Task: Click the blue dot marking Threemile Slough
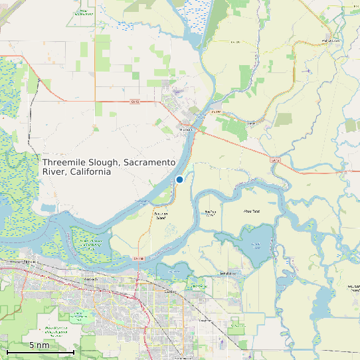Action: [x=179, y=179]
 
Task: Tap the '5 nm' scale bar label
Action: [x=39, y=345]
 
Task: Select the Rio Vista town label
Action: [x=186, y=130]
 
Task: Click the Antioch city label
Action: [x=92, y=279]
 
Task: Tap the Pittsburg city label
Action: [x=30, y=262]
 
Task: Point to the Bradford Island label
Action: [x=210, y=213]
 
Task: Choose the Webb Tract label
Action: [x=251, y=211]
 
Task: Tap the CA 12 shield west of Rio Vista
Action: [x=135, y=102]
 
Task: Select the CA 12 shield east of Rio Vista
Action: [x=274, y=160]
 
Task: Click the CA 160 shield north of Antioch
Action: [x=138, y=258]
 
